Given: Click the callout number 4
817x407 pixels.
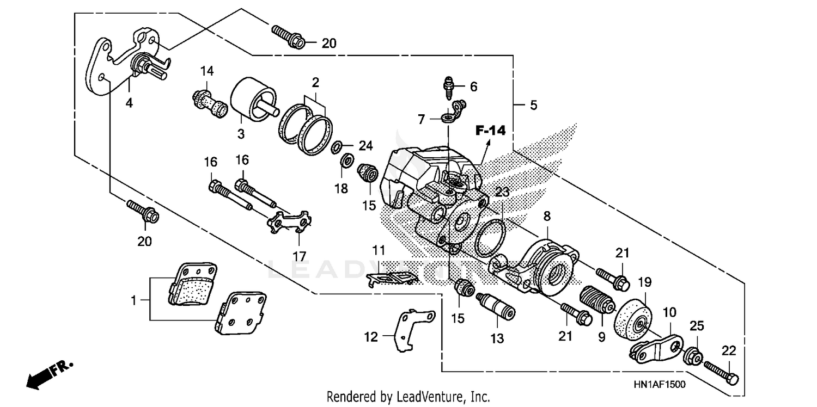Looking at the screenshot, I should (x=129, y=102).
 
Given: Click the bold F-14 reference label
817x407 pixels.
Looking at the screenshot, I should (x=490, y=131).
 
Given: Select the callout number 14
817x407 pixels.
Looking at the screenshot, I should (x=206, y=71).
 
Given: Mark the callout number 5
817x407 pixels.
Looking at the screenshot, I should (x=533, y=105).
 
